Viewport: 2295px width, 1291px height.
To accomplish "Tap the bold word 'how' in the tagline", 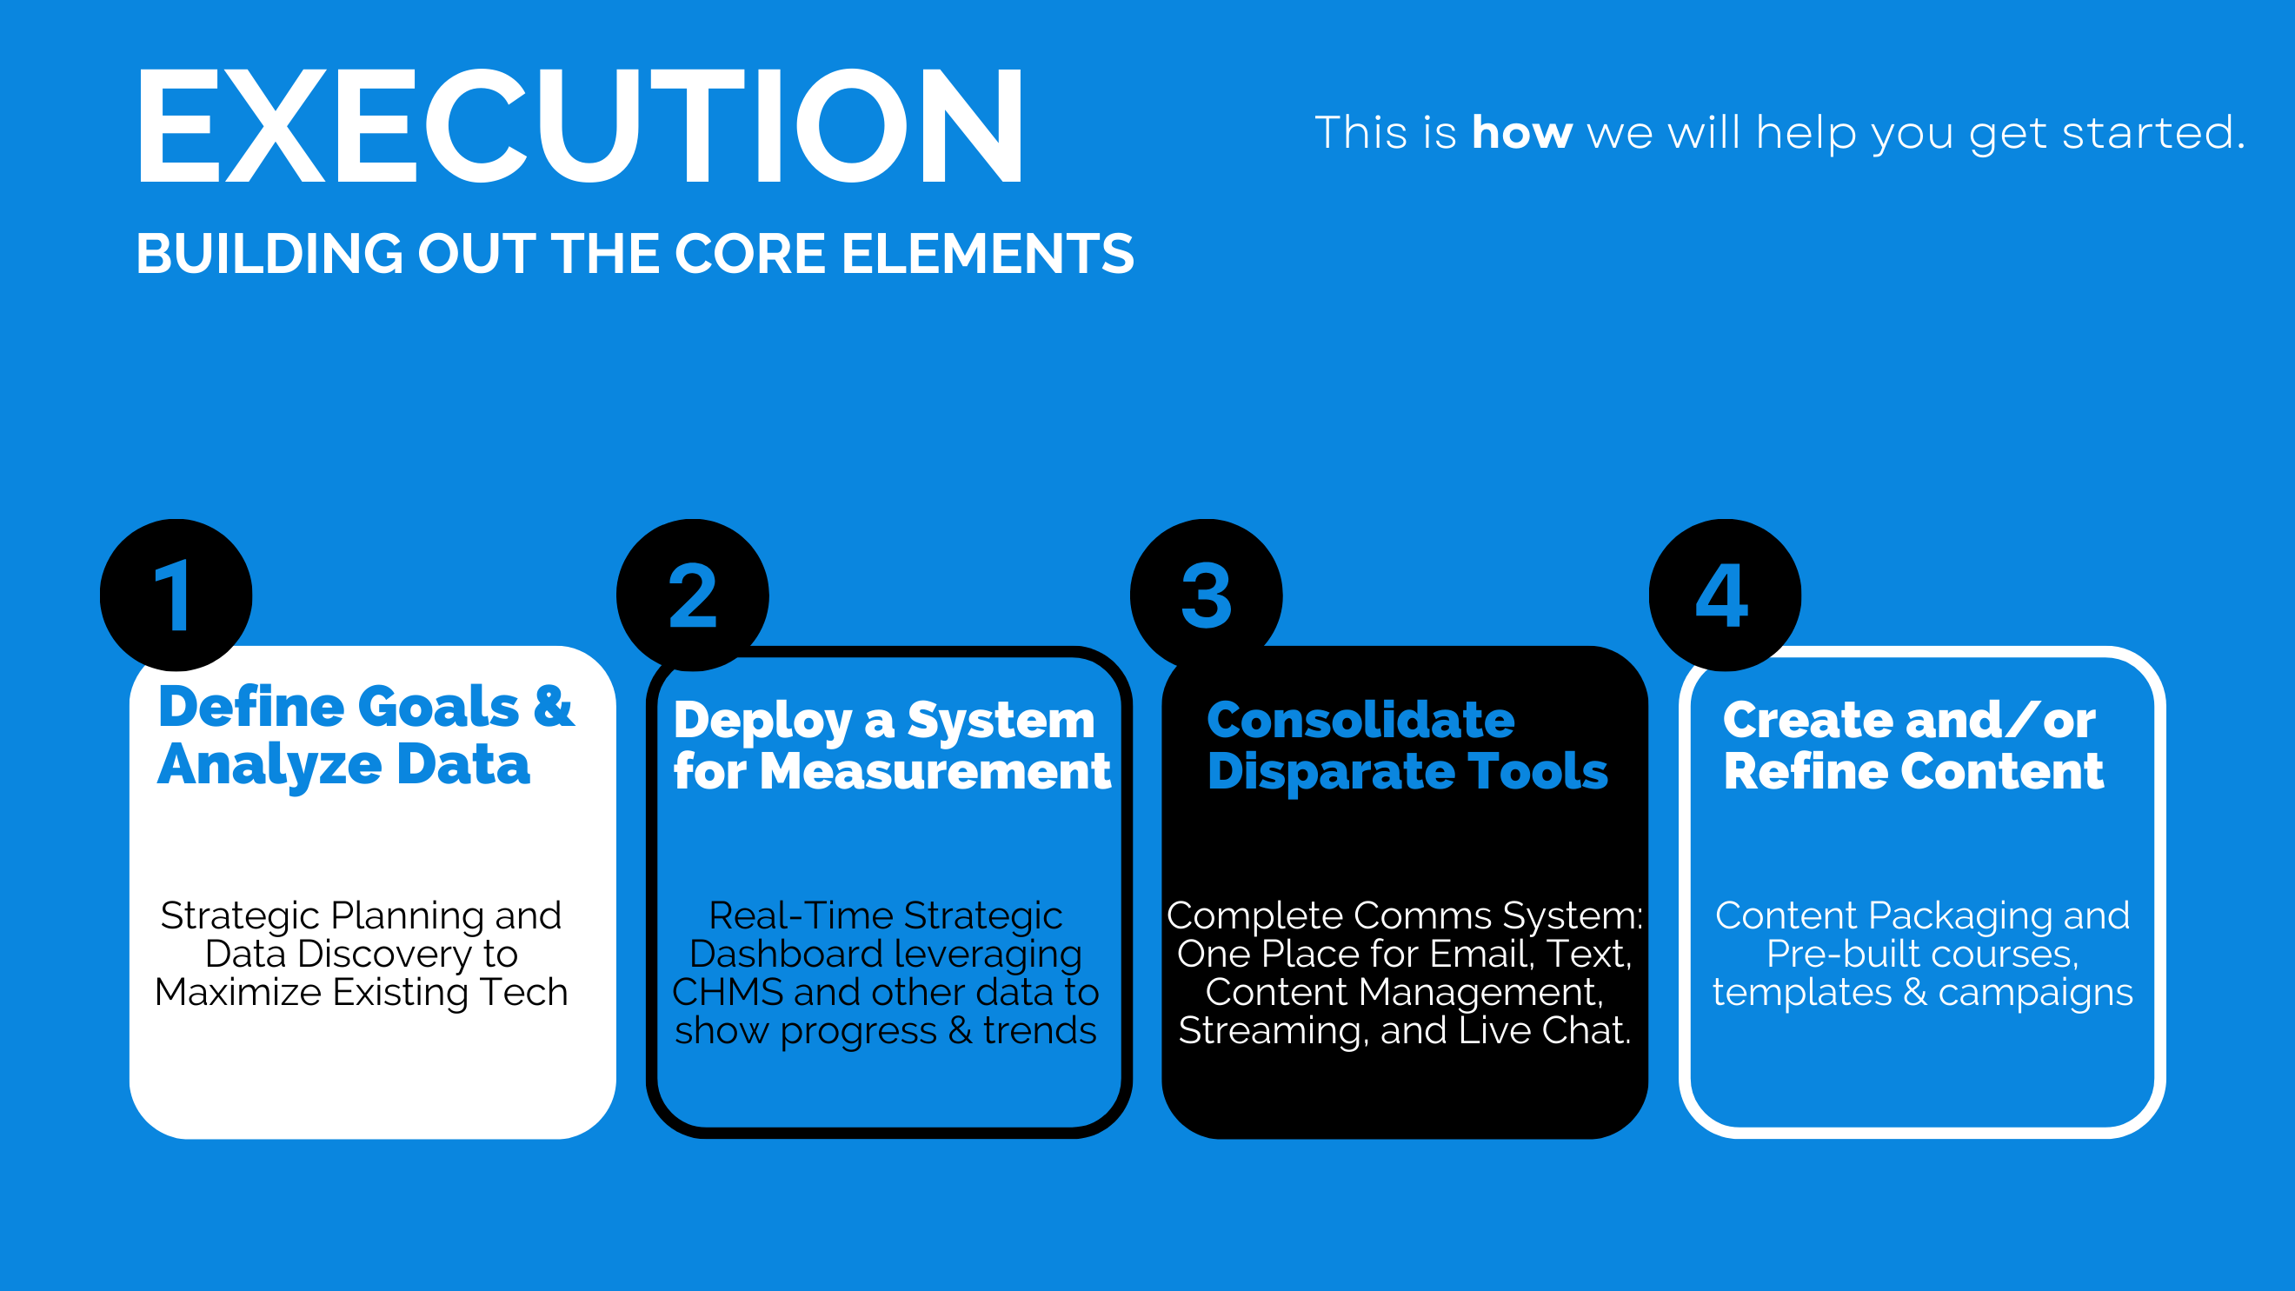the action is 1521,133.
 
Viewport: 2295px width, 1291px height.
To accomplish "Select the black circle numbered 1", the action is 176,596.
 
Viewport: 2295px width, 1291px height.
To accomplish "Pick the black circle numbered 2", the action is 692,596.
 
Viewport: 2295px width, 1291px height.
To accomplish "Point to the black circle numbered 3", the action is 1207,596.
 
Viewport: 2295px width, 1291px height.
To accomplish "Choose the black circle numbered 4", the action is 1725,596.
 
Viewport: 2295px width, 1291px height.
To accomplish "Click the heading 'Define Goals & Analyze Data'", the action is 365,736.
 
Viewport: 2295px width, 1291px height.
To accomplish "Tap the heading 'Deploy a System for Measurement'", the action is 892,746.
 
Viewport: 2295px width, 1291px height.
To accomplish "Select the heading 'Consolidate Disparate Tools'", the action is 1407,746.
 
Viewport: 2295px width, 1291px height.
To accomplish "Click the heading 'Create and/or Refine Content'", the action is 1912,746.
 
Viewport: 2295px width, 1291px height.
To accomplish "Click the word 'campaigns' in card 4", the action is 2036,994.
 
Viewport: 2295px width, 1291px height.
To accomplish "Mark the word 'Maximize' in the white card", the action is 238,993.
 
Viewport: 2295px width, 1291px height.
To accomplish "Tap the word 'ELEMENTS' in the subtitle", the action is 988,254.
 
